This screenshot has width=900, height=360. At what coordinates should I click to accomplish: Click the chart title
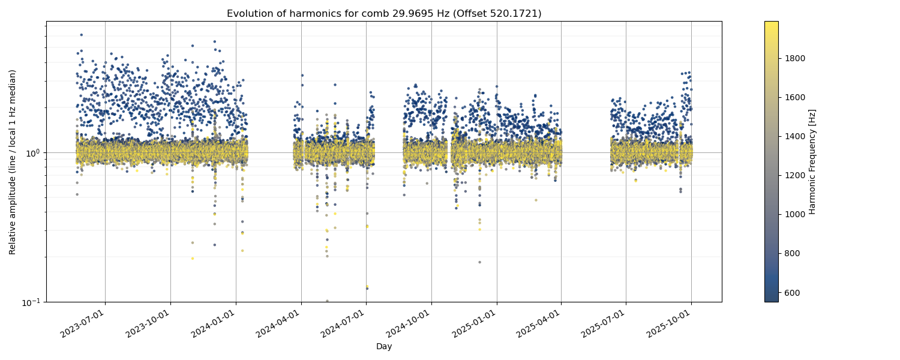[384, 13]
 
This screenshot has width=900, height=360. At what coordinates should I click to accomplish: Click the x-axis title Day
[384, 347]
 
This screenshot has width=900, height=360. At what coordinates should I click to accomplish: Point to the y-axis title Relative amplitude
[13, 161]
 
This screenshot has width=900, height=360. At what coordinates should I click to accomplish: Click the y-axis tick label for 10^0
[32, 153]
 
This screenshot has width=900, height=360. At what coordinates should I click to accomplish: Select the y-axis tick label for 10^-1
[31, 302]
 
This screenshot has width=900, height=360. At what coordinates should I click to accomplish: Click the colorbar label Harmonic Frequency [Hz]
[812, 161]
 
